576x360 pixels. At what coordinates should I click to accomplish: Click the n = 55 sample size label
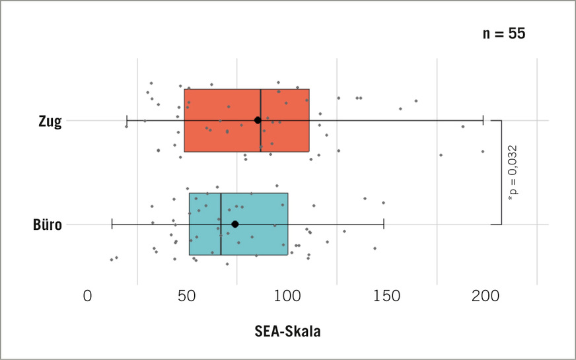(504, 34)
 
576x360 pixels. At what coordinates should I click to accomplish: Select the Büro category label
(48, 225)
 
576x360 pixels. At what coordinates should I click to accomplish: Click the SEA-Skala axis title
(287, 332)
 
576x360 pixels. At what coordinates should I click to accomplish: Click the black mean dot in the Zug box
(258, 120)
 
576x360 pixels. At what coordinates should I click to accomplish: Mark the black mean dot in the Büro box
(235, 225)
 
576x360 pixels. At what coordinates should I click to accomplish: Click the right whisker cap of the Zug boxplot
(484, 120)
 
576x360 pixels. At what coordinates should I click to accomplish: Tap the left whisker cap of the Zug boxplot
(127, 120)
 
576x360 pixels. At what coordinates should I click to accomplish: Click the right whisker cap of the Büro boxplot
(384, 225)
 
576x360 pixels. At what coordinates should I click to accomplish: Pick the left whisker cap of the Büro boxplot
(112, 225)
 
